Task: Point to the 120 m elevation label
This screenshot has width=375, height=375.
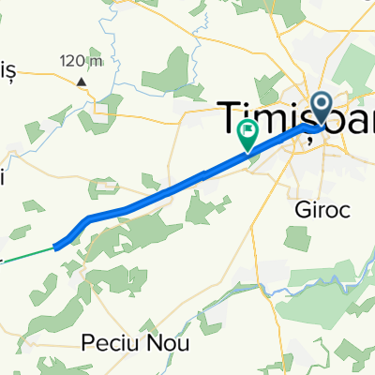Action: [82, 62]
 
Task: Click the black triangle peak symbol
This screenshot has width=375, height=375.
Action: [82, 81]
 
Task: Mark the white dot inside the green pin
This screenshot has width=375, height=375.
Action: [248, 129]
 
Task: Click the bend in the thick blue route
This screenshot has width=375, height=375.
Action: [90, 219]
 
